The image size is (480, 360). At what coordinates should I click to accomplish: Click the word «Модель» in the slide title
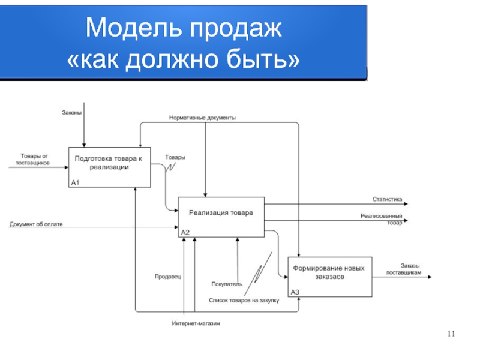pos(134,28)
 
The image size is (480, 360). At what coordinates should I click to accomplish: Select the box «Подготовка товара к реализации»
pos(110,167)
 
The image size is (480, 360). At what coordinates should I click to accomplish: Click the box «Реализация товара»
pos(221,217)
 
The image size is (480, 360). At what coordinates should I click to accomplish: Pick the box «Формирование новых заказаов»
pos(330,277)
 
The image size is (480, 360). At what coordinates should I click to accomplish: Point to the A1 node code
pos(76,183)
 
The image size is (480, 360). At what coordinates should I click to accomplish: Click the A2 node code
pos(185,233)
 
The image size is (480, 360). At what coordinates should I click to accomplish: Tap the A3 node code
pos(295,292)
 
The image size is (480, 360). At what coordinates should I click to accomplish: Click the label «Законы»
pos(72,113)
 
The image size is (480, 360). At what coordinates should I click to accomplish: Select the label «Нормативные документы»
pos(202,118)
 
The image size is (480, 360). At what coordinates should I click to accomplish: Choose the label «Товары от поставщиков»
pos(33,160)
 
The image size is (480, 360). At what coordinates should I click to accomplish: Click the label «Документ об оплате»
pos(36,224)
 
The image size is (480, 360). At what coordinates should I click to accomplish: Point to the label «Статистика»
pos(387,199)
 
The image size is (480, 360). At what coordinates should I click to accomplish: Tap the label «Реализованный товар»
pos(382,219)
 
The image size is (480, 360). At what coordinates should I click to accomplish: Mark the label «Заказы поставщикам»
pos(404,269)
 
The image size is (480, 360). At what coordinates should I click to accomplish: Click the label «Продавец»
pos(168,277)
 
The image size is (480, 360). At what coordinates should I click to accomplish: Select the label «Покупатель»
pos(227,284)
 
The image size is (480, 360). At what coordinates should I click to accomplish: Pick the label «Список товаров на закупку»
pos(244,301)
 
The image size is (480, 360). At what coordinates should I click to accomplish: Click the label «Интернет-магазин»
pos(196,323)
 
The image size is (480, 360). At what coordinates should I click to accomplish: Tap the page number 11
pos(451,334)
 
